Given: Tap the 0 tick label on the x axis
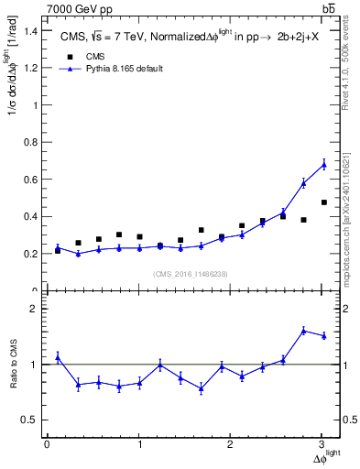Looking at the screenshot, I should [x=47, y=444].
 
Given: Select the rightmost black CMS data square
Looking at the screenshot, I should [x=323, y=202].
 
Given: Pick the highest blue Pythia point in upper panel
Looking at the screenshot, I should [x=323, y=164].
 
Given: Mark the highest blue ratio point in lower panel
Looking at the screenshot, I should [x=303, y=330].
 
